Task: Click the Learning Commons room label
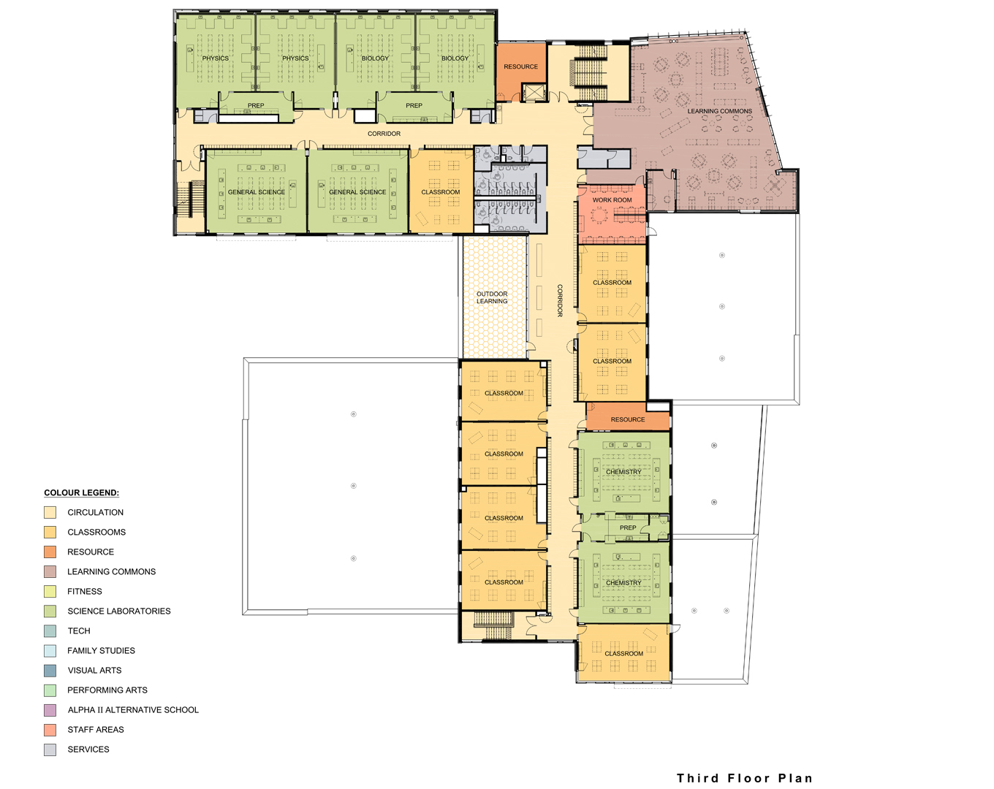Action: pyautogui.click(x=719, y=111)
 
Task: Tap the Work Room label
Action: pyautogui.click(x=612, y=200)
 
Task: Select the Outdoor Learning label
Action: pyautogui.click(x=492, y=297)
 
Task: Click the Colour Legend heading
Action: pyautogui.click(x=81, y=492)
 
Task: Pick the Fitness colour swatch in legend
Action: pyautogui.click(x=50, y=592)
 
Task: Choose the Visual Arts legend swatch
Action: pyautogui.click(x=50, y=671)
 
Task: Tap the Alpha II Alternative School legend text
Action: pyautogui.click(x=133, y=710)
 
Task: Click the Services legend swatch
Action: pyautogui.click(x=50, y=750)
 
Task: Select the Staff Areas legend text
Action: pyautogui.click(x=96, y=729)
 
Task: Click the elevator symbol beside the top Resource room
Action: pyautogui.click(x=534, y=93)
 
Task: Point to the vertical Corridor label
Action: pyautogui.click(x=560, y=300)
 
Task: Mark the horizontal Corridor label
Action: pyautogui.click(x=384, y=134)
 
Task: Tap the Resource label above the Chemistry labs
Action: pyautogui.click(x=628, y=419)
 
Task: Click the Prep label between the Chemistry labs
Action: pyautogui.click(x=628, y=527)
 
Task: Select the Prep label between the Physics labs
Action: pyautogui.click(x=255, y=106)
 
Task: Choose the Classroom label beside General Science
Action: pyautogui.click(x=440, y=192)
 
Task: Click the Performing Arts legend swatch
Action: pyautogui.click(x=50, y=690)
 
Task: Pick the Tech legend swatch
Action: pyautogui.click(x=50, y=630)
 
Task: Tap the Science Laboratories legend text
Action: pyautogui.click(x=118, y=611)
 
